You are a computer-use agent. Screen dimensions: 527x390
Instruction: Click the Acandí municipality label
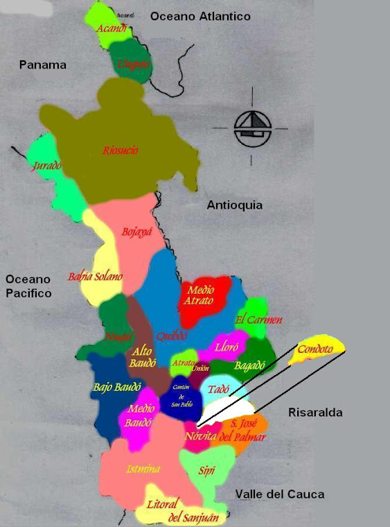[x=112, y=28]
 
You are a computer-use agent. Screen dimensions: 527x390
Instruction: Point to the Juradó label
[x=47, y=166]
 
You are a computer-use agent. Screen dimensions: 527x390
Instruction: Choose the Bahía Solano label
[x=95, y=277]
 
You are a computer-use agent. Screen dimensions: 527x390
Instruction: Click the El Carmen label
[x=258, y=320]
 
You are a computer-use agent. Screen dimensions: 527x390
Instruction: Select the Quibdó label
[x=172, y=336]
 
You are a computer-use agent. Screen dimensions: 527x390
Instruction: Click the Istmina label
[x=143, y=469]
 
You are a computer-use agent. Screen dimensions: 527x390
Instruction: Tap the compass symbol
[x=251, y=128]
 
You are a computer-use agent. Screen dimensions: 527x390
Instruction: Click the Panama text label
[x=43, y=65]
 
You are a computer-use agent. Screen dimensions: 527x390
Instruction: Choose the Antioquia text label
[x=235, y=205]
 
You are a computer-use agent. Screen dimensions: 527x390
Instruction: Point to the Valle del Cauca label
[x=279, y=494]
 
